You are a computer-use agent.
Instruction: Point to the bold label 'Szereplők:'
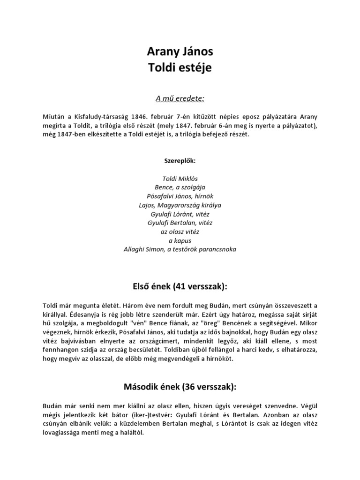180,161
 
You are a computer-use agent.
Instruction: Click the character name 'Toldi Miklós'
180,179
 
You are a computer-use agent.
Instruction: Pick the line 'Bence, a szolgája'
180,187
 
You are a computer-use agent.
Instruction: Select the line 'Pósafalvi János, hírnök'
180,196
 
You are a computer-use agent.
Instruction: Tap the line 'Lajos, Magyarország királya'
180,205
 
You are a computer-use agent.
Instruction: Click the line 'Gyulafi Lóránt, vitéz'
180,214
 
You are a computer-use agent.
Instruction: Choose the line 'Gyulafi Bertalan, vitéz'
180,223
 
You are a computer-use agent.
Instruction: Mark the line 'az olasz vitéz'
180,232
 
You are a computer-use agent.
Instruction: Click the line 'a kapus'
180,241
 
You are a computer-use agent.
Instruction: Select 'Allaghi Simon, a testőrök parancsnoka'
180,250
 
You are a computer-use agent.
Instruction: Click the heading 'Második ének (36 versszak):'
180,387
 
